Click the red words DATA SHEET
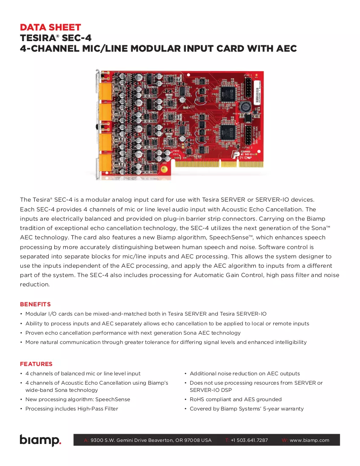coord(50,28)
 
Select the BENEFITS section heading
coord(35,304)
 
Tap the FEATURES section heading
coord(36,364)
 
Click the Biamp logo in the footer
coord(40,440)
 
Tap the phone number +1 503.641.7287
coord(249,440)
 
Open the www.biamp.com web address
coord(310,440)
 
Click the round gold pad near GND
coord(163,170)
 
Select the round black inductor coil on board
coord(245,106)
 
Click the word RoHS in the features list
coord(197,399)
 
